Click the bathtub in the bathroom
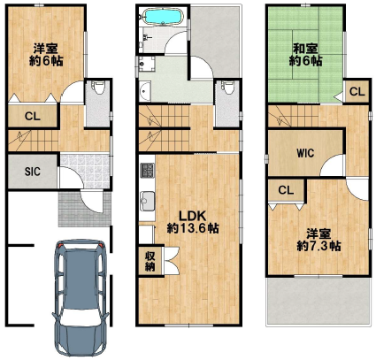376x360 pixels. (x=163, y=16)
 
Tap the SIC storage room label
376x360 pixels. (x=33, y=172)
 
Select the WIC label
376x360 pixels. (x=305, y=153)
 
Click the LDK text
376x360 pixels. (x=193, y=217)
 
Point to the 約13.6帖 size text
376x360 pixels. (x=193, y=228)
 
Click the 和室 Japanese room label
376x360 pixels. (x=305, y=49)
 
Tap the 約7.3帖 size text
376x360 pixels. (x=318, y=246)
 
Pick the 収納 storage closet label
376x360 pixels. (x=150, y=262)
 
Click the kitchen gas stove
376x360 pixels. (x=147, y=171)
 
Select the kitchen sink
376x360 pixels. (x=147, y=201)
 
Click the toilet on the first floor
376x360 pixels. (x=98, y=88)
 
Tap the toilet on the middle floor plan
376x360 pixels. (x=228, y=88)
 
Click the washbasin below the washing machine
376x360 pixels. (x=145, y=92)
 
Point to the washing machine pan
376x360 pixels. (x=146, y=65)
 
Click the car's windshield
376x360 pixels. (x=81, y=319)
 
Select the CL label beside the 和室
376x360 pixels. (x=357, y=92)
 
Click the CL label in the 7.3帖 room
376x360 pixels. (x=286, y=190)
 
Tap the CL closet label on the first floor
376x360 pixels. (x=33, y=116)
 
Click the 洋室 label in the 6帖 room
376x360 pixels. (x=45, y=49)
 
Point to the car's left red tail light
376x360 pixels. (x=60, y=245)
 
